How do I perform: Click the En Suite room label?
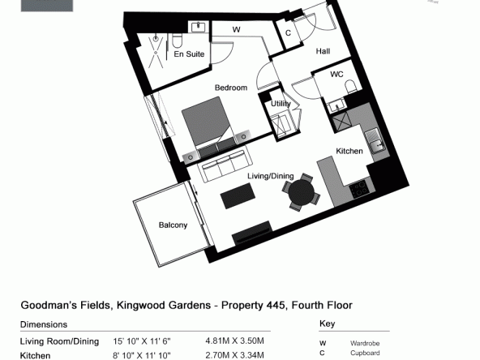tap(189, 54)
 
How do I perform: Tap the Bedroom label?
tap(231, 88)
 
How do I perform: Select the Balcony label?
tap(173, 225)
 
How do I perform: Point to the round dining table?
tap(302, 192)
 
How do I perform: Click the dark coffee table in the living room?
tap(238, 196)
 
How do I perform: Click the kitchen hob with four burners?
tap(359, 189)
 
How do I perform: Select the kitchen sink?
tap(375, 141)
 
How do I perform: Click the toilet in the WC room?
tap(351, 87)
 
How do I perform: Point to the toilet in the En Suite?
tap(177, 40)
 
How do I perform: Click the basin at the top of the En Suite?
tap(199, 28)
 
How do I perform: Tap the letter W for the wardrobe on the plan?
tap(236, 30)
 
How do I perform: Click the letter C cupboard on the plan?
tap(288, 33)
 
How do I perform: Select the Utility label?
tap(281, 104)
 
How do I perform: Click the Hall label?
tap(323, 51)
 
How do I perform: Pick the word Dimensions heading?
tap(44, 324)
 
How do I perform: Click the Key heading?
tap(328, 324)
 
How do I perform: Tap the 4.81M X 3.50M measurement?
tap(234, 341)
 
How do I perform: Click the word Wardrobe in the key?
tap(365, 344)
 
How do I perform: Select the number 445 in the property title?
tap(276, 305)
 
